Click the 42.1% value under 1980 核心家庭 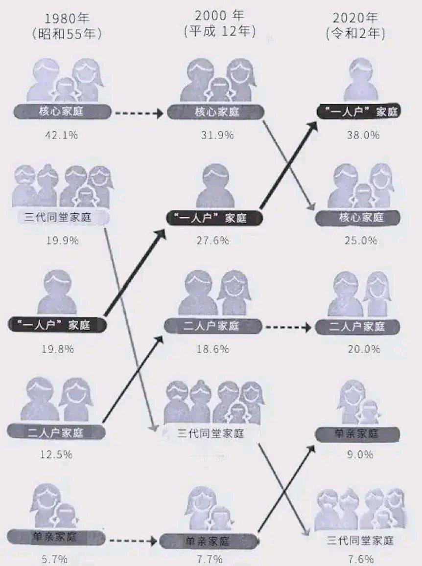click(58, 135)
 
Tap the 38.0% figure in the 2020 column click(362, 135)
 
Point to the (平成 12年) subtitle click(220, 32)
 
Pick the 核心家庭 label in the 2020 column click(357, 218)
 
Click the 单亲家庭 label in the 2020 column click(357, 433)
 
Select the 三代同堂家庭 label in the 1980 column click(58, 217)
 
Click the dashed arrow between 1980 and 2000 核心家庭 click(138, 113)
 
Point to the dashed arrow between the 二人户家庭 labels click(283, 327)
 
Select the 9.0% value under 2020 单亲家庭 click(360, 454)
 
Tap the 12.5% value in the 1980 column click(56, 454)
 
